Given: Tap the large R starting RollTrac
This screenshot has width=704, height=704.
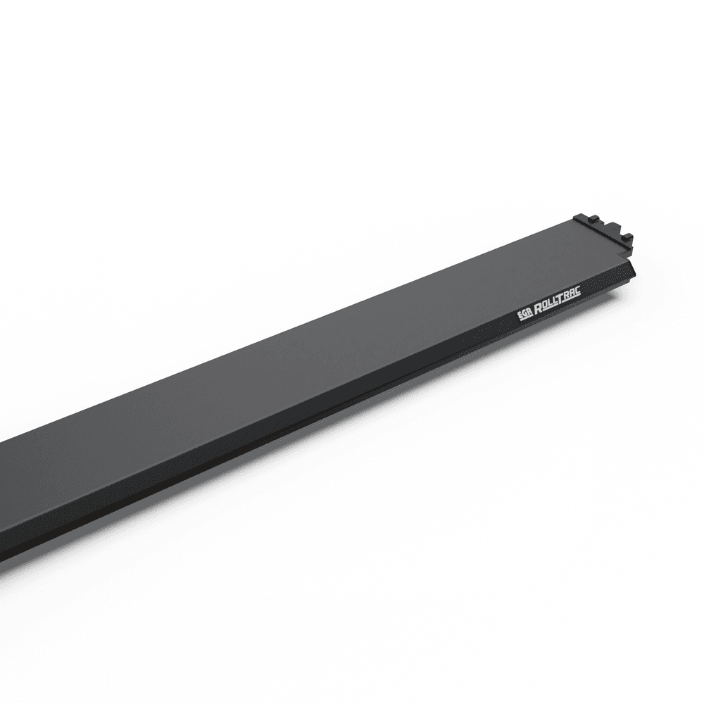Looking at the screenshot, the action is coord(539,309).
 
